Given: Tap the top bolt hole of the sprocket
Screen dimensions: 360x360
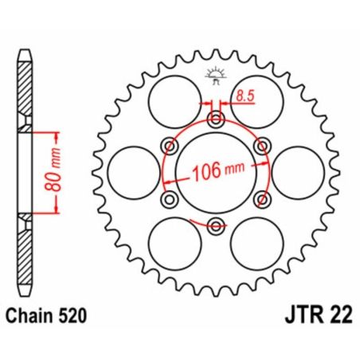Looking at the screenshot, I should (x=215, y=120).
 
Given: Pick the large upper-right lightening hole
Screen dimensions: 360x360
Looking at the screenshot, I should (x=256, y=98).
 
